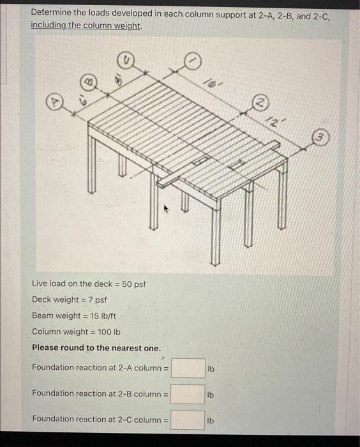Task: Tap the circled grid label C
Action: [125, 61]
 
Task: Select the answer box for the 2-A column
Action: [188, 368]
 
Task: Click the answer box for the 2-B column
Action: [188, 394]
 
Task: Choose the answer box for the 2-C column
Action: [188, 420]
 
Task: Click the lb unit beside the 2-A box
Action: [211, 368]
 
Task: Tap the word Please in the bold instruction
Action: [46, 347]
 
